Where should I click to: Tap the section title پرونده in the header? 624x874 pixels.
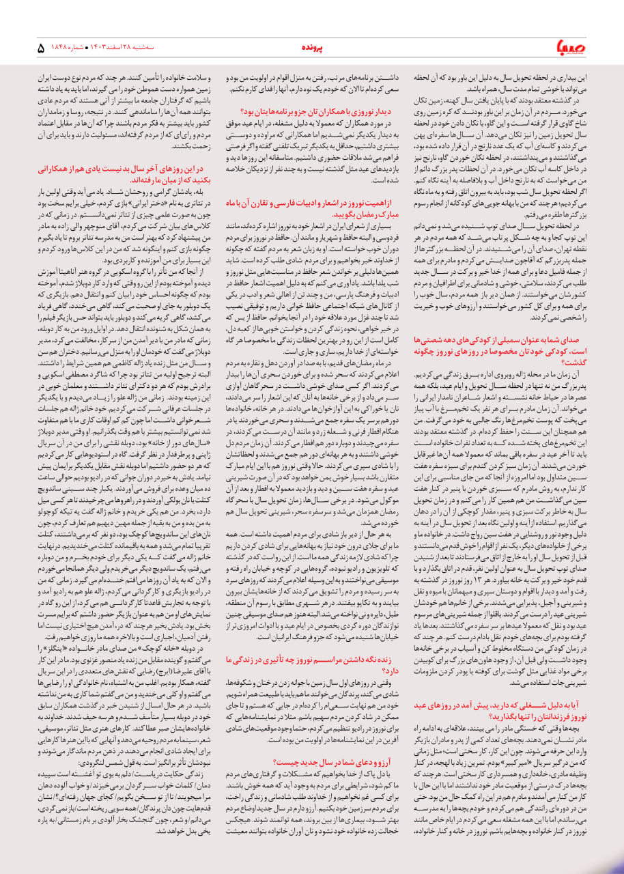point(312,48)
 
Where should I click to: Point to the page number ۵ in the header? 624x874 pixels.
point(41,48)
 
